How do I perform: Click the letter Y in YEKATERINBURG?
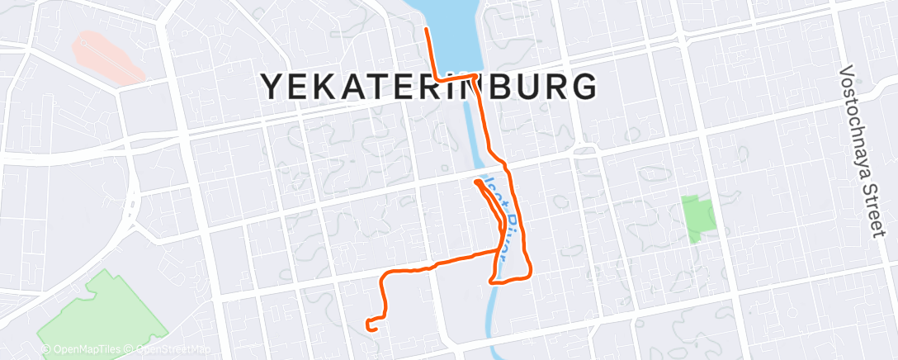coord(275,87)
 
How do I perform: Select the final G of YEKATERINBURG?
coord(583,87)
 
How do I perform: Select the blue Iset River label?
coord(504,211)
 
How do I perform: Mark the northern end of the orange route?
coord(426,29)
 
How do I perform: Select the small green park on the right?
coord(697,217)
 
